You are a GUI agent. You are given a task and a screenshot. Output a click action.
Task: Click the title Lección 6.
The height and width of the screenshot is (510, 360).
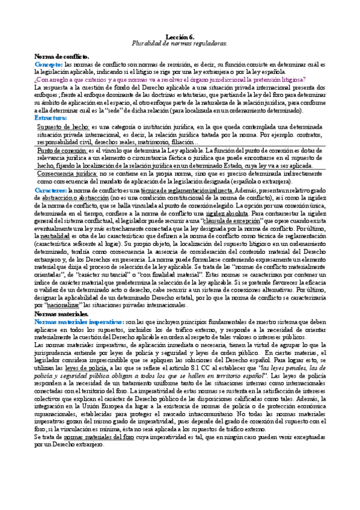tap(180, 37)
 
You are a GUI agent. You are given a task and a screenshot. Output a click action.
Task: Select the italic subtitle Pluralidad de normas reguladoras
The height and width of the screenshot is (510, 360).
tap(180, 45)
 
